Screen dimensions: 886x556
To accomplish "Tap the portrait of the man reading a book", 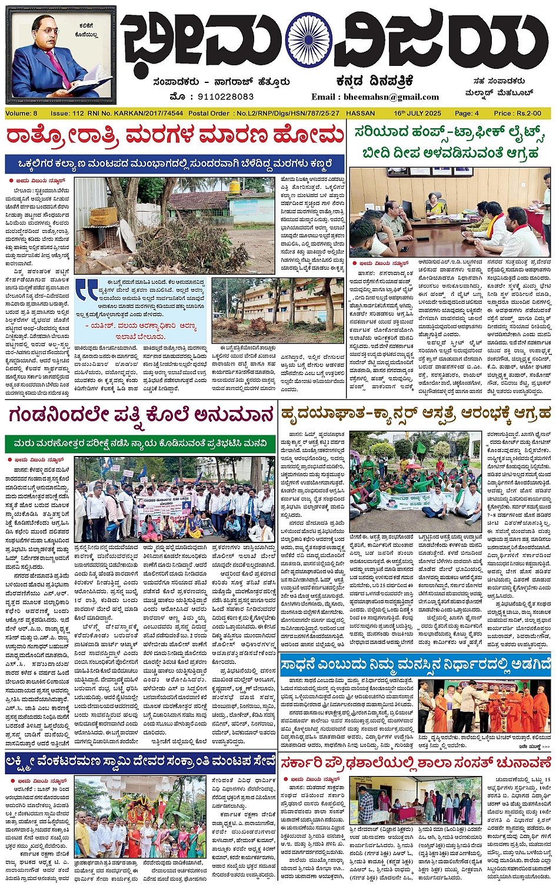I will [61, 57].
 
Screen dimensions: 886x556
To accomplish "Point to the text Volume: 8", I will [22, 113].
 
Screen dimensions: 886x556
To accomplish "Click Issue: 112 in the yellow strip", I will [67, 113].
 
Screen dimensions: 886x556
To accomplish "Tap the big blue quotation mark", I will [87, 289].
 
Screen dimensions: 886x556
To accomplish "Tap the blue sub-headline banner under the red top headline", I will [175, 163].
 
